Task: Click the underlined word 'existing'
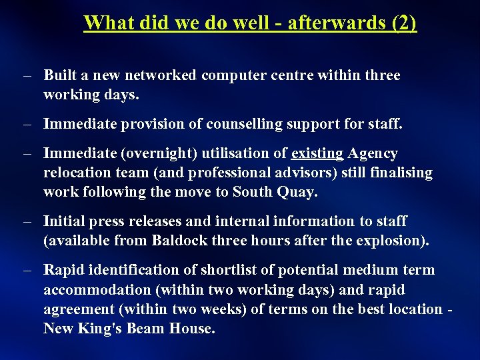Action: [x=317, y=153]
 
